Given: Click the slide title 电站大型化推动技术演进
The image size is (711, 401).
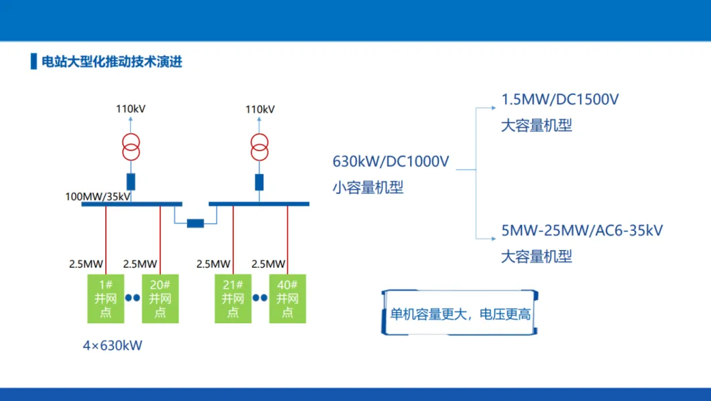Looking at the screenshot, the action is tap(111, 61).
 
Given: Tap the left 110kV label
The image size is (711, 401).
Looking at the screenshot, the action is tap(130, 109).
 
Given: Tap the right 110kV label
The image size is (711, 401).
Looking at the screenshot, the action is tap(260, 109).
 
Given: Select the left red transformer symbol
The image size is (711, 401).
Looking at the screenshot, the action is tap(131, 147).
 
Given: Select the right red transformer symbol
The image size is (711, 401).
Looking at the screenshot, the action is tap(259, 147).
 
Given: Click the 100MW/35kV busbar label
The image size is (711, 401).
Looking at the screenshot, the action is tap(97, 197).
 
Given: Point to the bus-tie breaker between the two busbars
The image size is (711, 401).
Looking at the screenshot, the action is tap(196, 223).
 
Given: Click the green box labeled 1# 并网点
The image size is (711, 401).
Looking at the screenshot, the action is tap(105, 298).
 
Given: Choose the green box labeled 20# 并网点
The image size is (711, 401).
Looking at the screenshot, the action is tap(160, 298).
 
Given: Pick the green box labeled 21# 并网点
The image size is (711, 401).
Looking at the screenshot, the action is tap(233, 298).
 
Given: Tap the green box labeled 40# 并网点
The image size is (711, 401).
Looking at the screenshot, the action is tap(288, 298).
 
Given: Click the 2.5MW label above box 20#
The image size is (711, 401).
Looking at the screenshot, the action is tap(140, 264).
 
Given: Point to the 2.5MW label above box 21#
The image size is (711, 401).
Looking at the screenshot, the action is tap(213, 264).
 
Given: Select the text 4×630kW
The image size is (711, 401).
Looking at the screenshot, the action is tap(113, 346).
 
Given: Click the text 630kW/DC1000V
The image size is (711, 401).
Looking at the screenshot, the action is tap(391, 161).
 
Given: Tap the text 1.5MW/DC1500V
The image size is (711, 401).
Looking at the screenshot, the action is tap(560, 100).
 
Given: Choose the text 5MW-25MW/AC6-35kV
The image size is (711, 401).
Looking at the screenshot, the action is tap(582, 230).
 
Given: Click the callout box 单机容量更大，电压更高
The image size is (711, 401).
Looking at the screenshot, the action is tap(460, 313).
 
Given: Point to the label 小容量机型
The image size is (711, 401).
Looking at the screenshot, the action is tap(368, 187).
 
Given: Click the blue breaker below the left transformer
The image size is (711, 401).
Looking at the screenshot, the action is tap(131, 181).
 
